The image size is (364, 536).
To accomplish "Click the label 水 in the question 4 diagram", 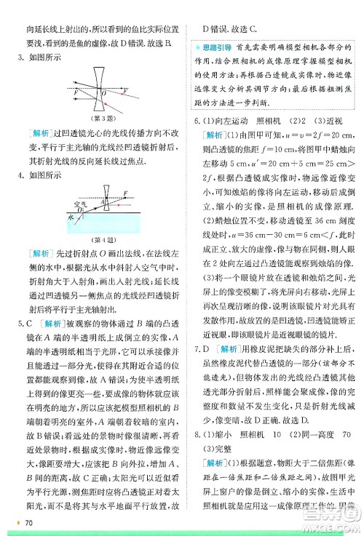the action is pos(71,217).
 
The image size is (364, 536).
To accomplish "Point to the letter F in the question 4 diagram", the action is pos(125,193).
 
